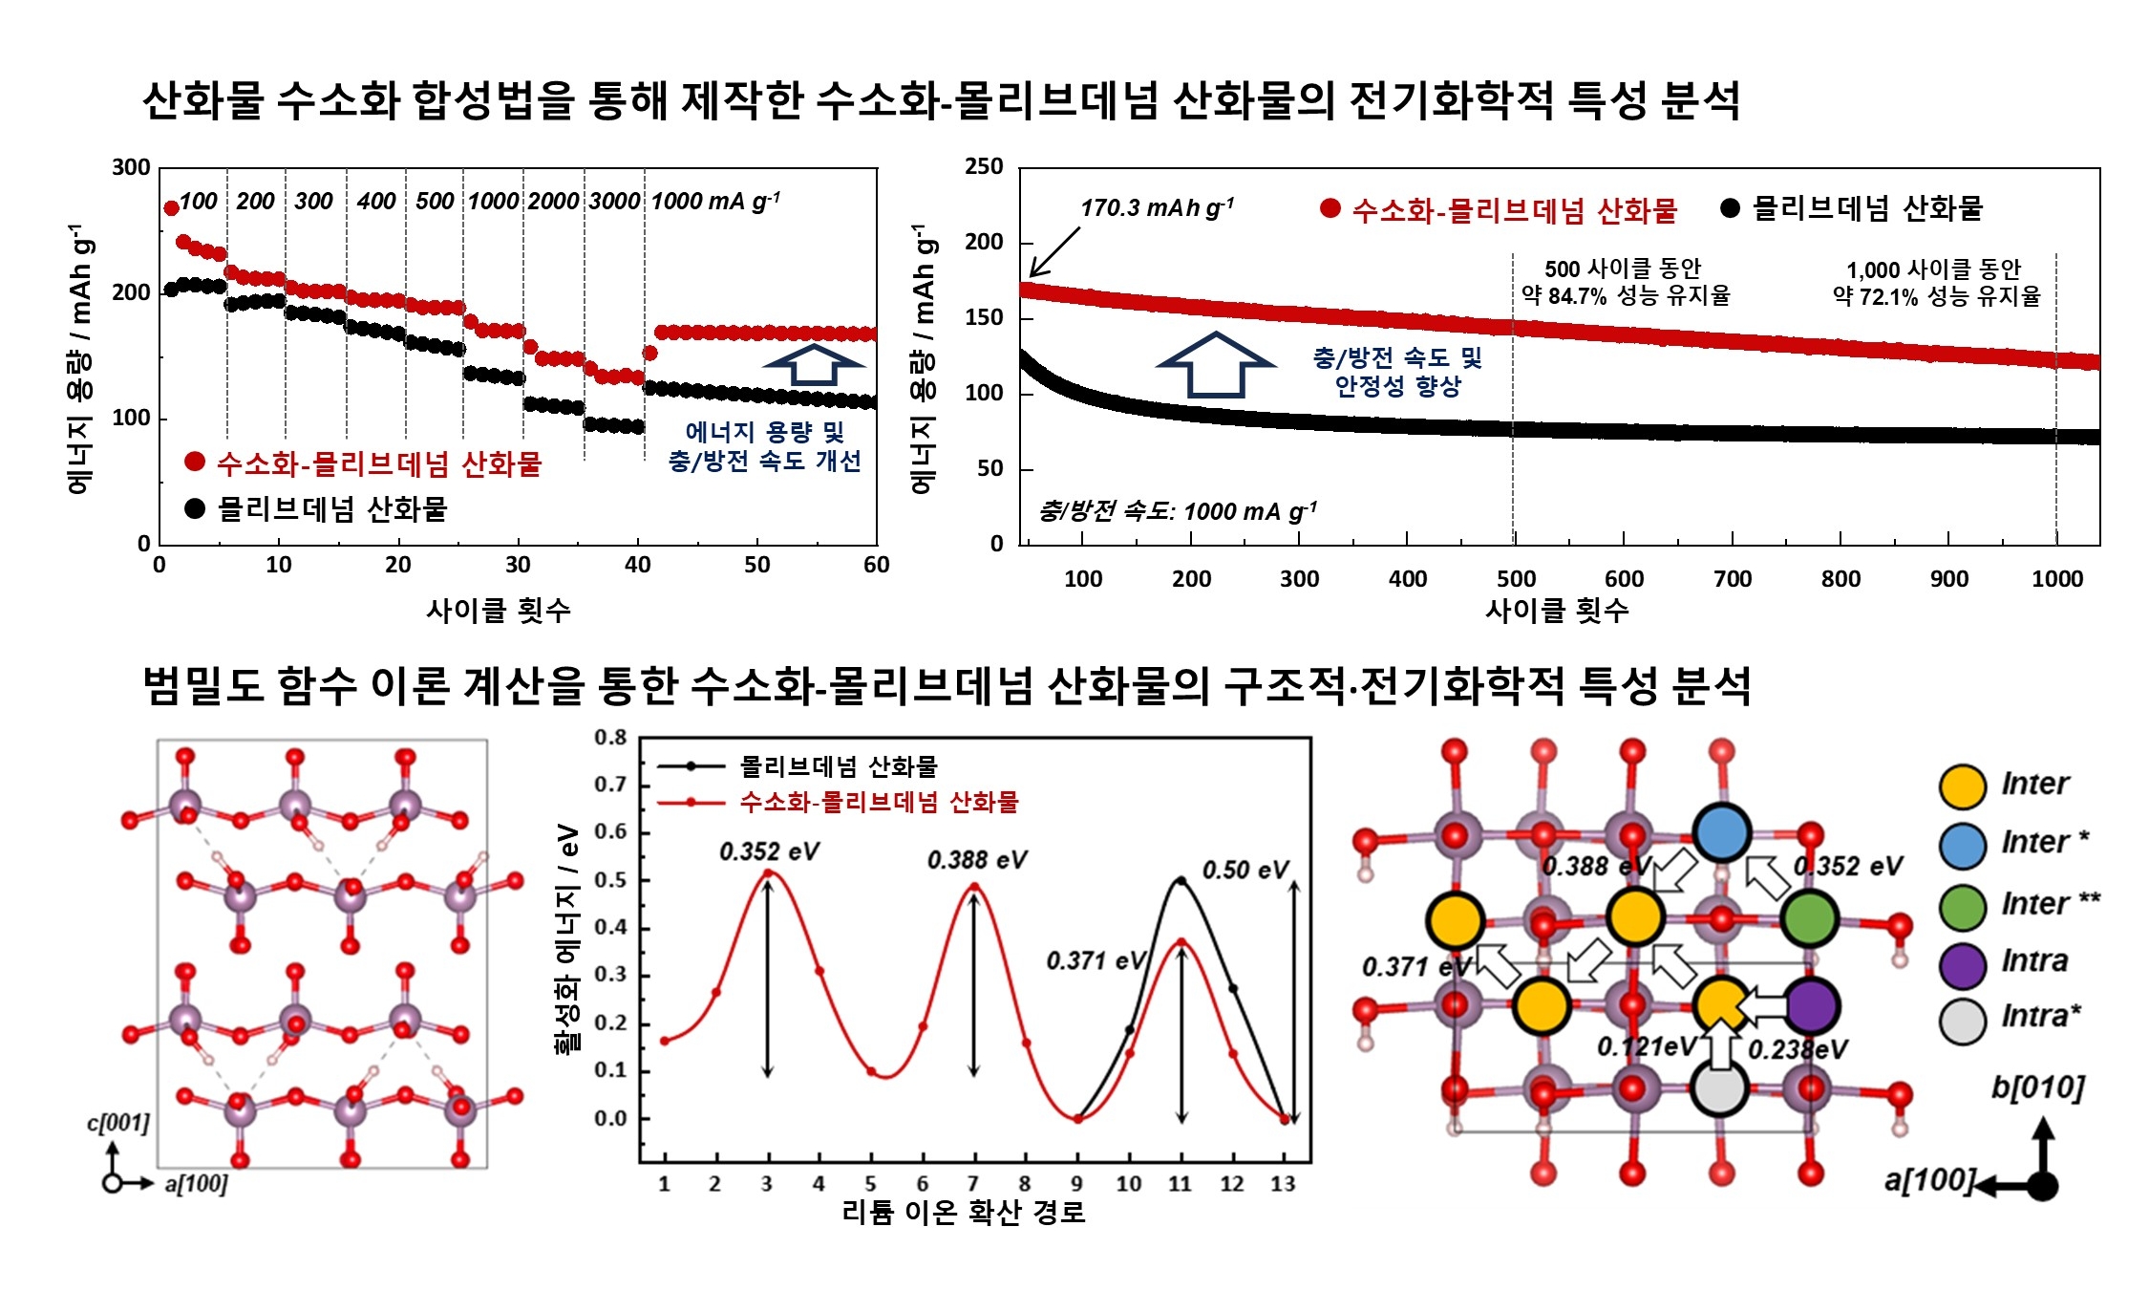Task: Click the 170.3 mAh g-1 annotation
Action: [x=1157, y=207]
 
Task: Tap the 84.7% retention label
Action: [x=1626, y=295]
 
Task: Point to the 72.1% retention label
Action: [x=1936, y=296]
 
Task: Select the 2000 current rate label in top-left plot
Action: [x=553, y=202]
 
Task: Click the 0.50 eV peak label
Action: [x=1245, y=870]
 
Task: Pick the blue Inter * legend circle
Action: [x=1963, y=845]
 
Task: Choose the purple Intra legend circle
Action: [x=1963, y=964]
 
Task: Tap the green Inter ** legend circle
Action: [x=1963, y=906]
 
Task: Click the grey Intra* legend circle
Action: [x=1963, y=1021]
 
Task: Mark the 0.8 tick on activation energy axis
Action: [x=610, y=738]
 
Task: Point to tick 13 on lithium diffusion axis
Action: [x=1283, y=1184]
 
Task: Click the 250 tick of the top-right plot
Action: [x=984, y=167]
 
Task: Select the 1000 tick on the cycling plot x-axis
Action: [x=2056, y=579]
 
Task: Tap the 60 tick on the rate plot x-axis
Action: [x=876, y=565]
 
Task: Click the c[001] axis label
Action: [x=118, y=1122]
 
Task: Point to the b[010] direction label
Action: [x=2037, y=1087]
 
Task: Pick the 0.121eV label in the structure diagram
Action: [x=1647, y=1047]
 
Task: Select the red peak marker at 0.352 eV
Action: [x=768, y=872]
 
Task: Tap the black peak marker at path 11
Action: [x=1181, y=880]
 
